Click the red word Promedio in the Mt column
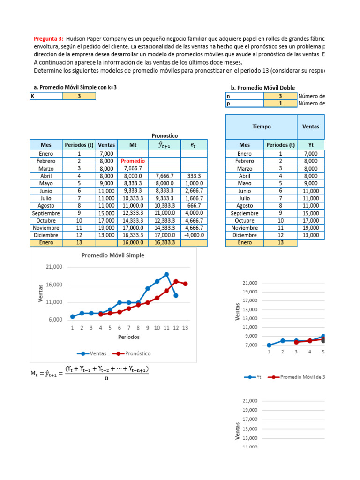[133, 161]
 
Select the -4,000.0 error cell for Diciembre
[194, 235]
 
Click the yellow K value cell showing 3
[79, 96]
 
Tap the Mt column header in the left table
[133, 145]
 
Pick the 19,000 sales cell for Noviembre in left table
[106, 227]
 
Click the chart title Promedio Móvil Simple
[113, 255]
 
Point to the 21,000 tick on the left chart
[54, 267]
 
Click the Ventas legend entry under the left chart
[92, 353]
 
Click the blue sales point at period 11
[166, 274]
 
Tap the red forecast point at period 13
[185, 284]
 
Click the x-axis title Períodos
[128, 337]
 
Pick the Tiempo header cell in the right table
[261, 127]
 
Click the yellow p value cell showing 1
[280, 104]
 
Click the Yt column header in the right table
[311, 145]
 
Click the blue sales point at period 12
[176, 295]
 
